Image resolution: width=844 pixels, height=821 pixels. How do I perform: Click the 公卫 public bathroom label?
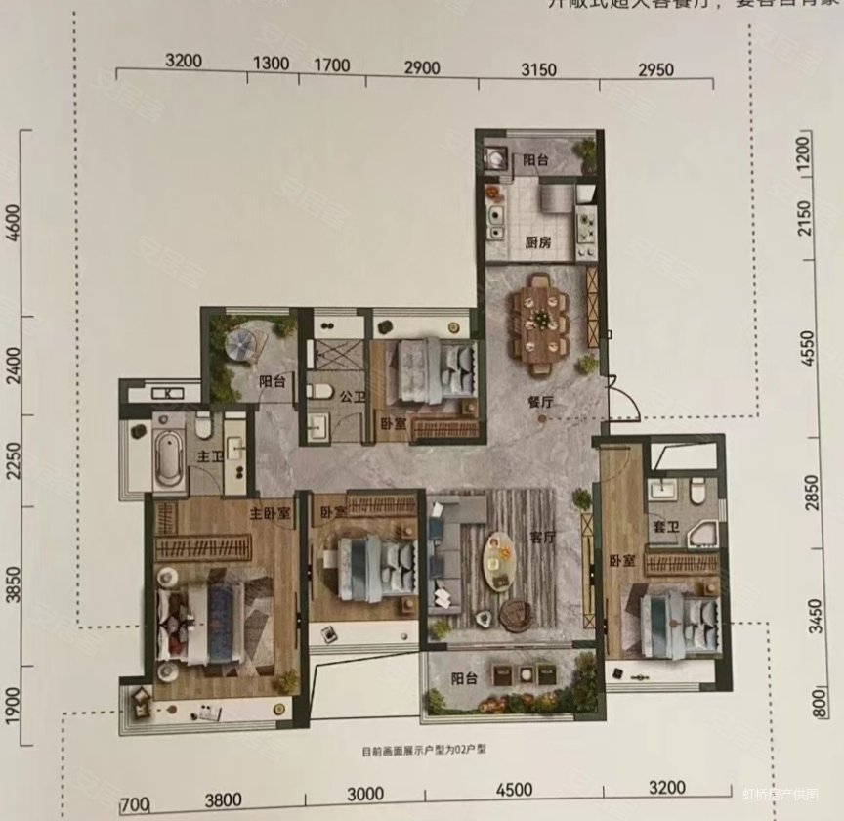(325, 397)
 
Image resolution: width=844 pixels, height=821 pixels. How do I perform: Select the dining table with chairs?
(538, 322)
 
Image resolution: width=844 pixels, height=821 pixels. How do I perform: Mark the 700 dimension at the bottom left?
(133, 803)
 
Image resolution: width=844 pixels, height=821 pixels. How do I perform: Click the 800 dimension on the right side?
(816, 704)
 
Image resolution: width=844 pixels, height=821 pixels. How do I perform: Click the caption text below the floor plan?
(423, 753)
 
